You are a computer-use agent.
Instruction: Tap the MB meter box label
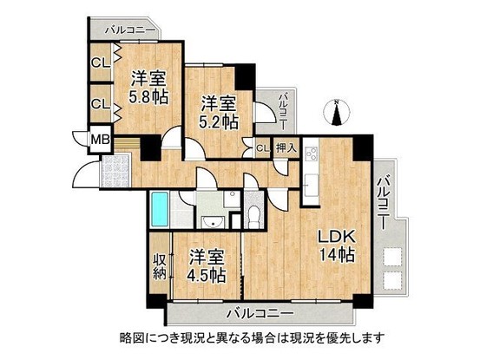coord(100,138)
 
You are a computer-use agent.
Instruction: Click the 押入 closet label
coord(286,148)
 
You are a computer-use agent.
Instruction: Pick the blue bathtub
coord(164,208)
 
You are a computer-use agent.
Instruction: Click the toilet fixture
coord(253,216)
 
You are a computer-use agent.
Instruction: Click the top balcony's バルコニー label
coord(129,30)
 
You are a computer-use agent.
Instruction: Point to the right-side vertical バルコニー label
coord(383,197)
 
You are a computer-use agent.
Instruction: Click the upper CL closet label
coord(100,63)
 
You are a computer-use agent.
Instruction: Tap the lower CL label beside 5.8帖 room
coord(100,104)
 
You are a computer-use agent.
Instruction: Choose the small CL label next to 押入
coord(262,149)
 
